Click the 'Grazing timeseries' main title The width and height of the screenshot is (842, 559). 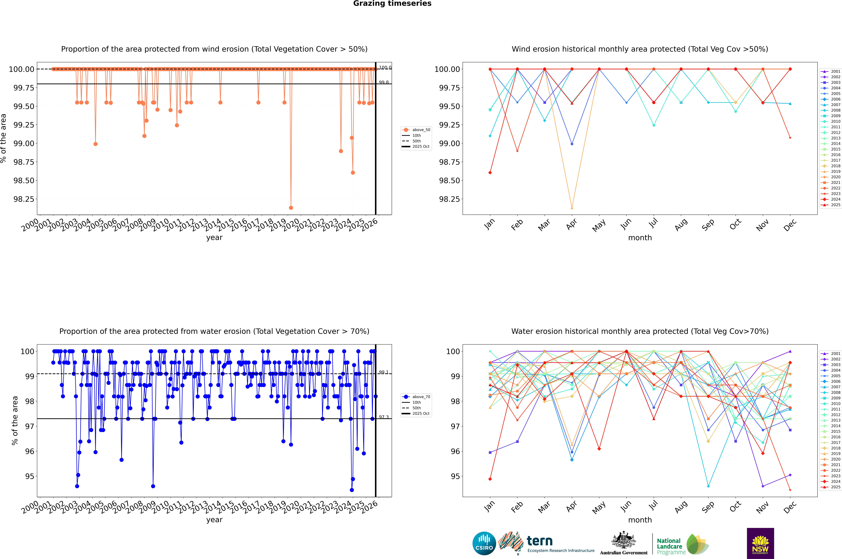point(392,4)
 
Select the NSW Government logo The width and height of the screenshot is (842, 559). point(760,543)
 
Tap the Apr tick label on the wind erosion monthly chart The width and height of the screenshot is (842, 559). point(571,225)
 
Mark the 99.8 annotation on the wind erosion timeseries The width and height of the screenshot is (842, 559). point(384,82)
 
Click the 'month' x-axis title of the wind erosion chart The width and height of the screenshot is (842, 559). point(640,238)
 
